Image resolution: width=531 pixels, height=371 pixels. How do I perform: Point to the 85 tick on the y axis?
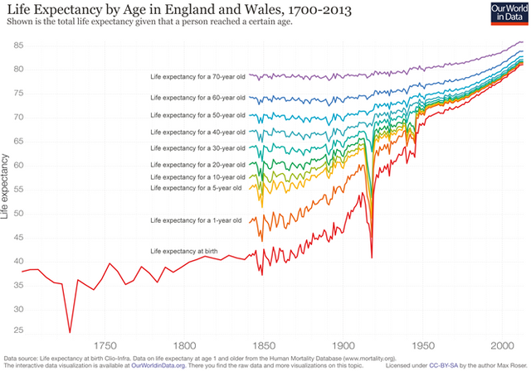click(17, 45)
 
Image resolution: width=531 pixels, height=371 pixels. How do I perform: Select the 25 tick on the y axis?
click(17, 332)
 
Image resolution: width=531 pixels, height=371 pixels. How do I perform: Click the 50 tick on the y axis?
click(17, 213)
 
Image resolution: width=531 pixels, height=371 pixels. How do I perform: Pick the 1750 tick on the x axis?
click(104, 344)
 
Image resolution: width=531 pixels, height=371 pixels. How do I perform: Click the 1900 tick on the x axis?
click(342, 344)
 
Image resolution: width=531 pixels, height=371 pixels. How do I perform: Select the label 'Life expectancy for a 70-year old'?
click(197, 77)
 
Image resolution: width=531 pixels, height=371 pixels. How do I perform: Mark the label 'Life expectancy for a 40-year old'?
click(197, 132)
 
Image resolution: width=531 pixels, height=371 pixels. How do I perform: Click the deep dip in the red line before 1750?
click(70, 332)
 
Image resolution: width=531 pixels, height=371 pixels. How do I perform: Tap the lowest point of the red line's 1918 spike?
click(372, 258)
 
